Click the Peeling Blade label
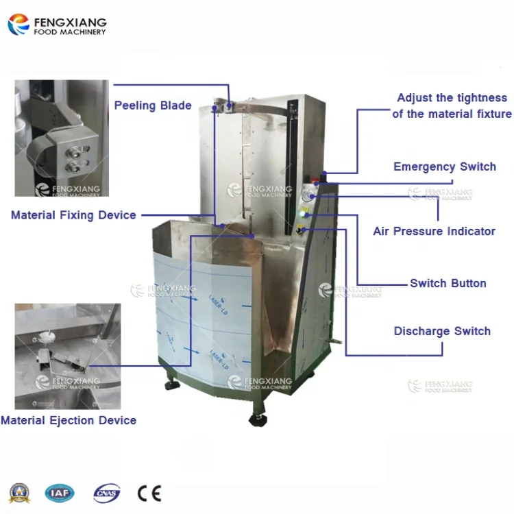point(152,106)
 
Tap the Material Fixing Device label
point(73,215)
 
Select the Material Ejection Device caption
point(69,420)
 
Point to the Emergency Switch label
point(444,167)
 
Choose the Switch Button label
point(448,283)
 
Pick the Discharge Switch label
point(442,331)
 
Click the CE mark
point(149,493)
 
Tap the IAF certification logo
point(60,493)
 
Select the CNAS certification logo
point(106,493)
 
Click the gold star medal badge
point(20,493)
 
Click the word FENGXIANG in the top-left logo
point(69,20)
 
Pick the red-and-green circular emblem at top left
point(19,24)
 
